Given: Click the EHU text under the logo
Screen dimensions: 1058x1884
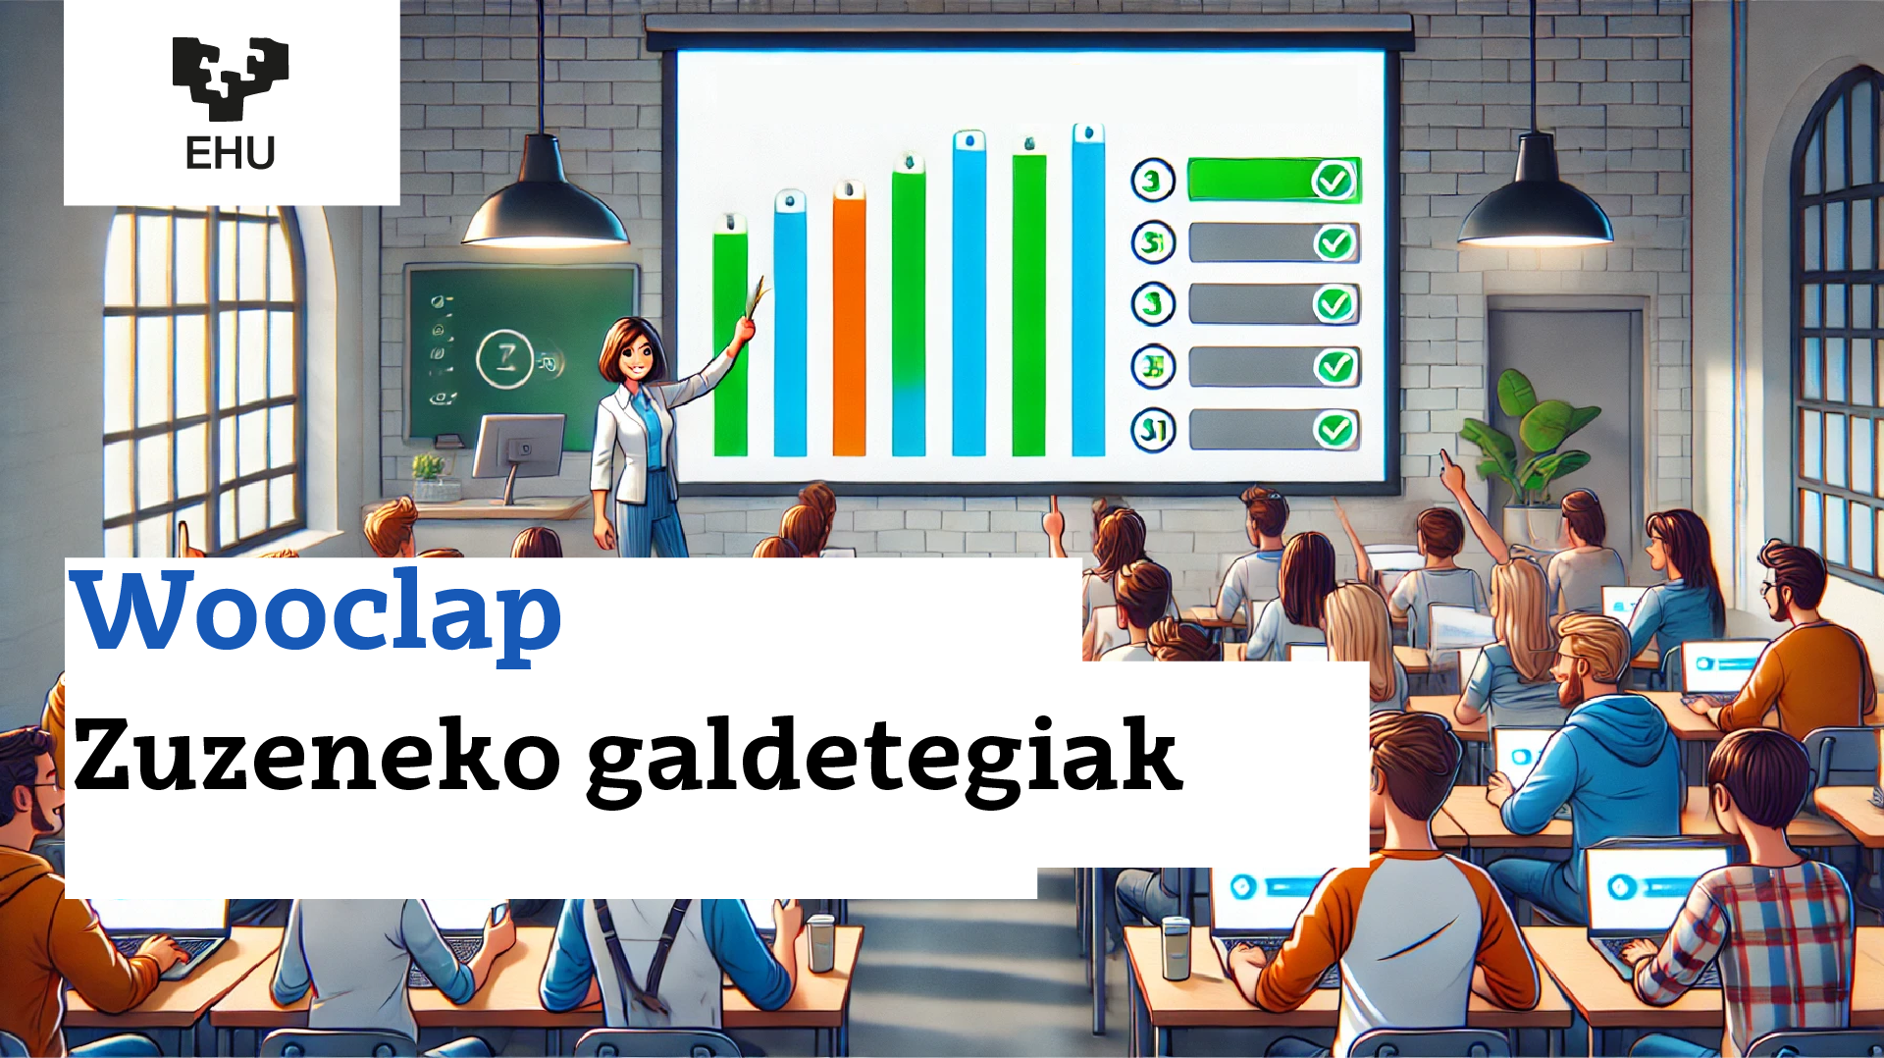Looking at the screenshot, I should (231, 154).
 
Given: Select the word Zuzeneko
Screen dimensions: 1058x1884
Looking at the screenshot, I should (316, 756).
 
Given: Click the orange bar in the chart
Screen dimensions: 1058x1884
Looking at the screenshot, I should (849, 324).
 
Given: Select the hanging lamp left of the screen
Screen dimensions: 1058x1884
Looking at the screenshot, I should (545, 201).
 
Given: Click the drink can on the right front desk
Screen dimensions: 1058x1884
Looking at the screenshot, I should (1175, 947).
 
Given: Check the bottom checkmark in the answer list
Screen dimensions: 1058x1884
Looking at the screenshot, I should (1334, 429).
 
